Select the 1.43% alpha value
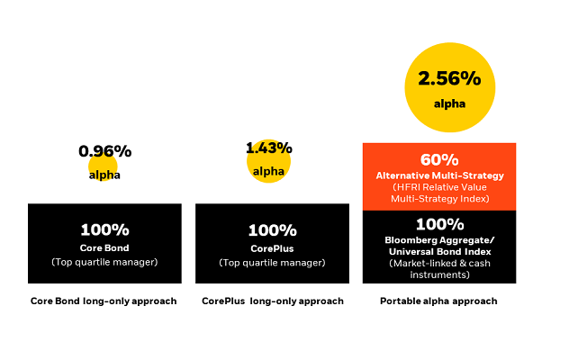(268, 148)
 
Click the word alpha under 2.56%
(450, 104)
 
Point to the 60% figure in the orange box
(439, 159)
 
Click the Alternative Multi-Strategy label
(439, 175)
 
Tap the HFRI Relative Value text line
(439, 186)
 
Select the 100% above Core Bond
(104, 229)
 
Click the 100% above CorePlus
(271, 229)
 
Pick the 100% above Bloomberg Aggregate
(439, 223)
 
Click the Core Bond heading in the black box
(104, 247)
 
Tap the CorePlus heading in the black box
(271, 247)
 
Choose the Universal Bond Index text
(439, 251)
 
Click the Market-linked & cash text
(439, 263)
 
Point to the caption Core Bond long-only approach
(104, 301)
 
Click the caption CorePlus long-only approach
(272, 301)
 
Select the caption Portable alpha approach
(438, 301)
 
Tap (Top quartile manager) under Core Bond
(104, 263)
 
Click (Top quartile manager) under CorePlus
(271, 263)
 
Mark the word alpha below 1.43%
(268, 171)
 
